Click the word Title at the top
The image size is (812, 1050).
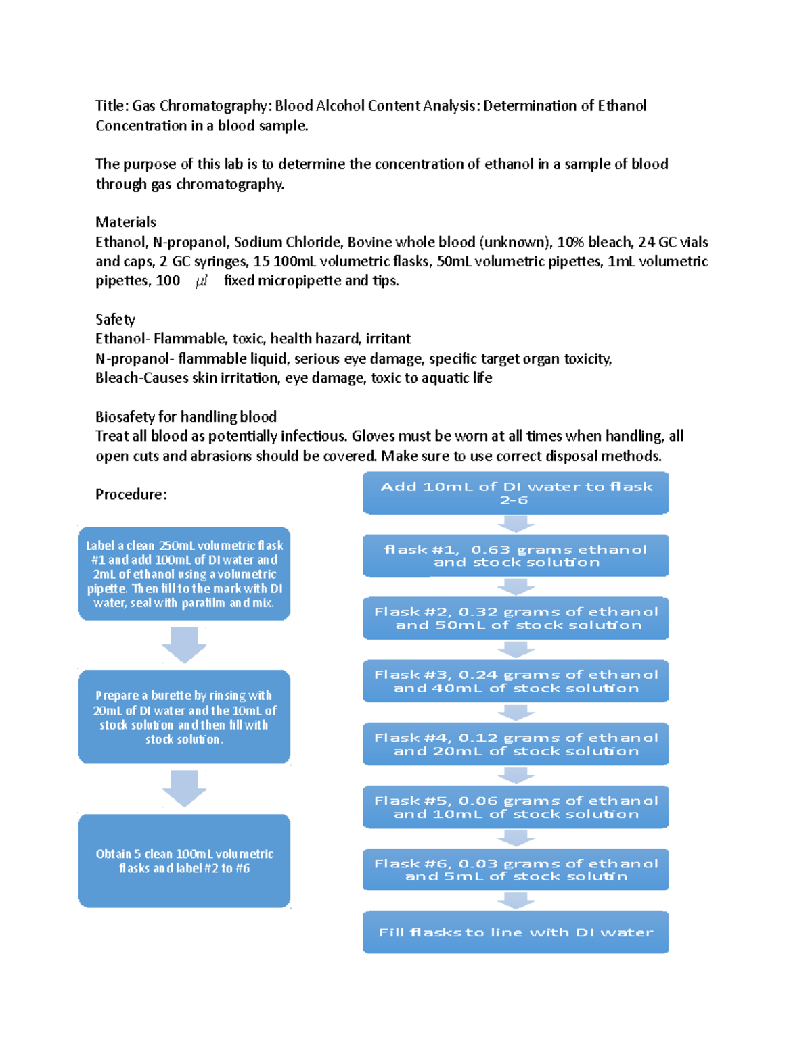pyautogui.click(x=110, y=105)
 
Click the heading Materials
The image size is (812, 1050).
pyautogui.click(x=126, y=222)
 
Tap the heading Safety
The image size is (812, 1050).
pyautogui.click(x=115, y=319)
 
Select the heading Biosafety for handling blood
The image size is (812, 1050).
pyautogui.click(x=186, y=416)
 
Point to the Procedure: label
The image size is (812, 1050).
pyautogui.click(x=131, y=494)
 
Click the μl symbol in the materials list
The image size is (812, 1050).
pyautogui.click(x=201, y=281)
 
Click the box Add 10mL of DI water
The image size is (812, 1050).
pyautogui.click(x=516, y=493)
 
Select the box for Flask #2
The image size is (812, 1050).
pyautogui.click(x=516, y=618)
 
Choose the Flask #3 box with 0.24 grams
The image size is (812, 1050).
pyautogui.click(x=516, y=681)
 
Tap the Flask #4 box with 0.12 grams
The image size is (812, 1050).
pyautogui.click(x=516, y=744)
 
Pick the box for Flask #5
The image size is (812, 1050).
pyautogui.click(x=516, y=807)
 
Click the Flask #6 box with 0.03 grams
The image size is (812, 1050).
pyautogui.click(x=516, y=869)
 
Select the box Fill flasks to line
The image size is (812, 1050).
pyautogui.click(x=516, y=932)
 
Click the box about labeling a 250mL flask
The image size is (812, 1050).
pyautogui.click(x=184, y=574)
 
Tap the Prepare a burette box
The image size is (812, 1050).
pyautogui.click(x=184, y=717)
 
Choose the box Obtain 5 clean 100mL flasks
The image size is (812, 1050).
pyautogui.click(x=184, y=861)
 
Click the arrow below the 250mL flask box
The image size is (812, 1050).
pyautogui.click(x=184, y=644)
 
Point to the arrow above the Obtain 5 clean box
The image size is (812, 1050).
pyautogui.click(x=184, y=788)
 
